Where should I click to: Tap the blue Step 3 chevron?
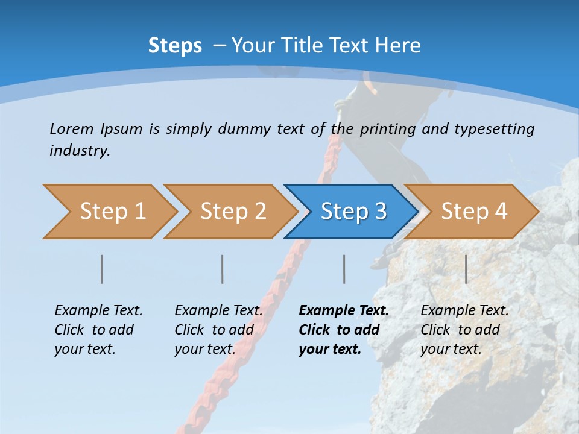pyautogui.click(x=353, y=212)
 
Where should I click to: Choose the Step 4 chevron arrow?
pyautogui.click(x=474, y=212)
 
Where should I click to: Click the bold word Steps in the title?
pyautogui.click(x=175, y=46)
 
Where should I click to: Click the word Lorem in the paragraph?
pyautogui.click(x=71, y=128)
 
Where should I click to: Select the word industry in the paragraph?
pyautogui.click(x=80, y=151)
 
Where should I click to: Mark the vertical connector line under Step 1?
pyautogui.click(x=102, y=269)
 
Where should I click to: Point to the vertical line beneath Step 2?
pyautogui.click(x=223, y=269)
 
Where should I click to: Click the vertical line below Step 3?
pyautogui.click(x=344, y=269)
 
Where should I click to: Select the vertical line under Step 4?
pyautogui.click(x=466, y=269)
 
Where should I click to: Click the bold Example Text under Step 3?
pyautogui.click(x=344, y=330)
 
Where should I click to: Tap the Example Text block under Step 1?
pyautogui.click(x=98, y=330)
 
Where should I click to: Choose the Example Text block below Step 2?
pyautogui.click(x=218, y=330)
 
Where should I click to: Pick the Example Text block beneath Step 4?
pyautogui.click(x=464, y=330)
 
